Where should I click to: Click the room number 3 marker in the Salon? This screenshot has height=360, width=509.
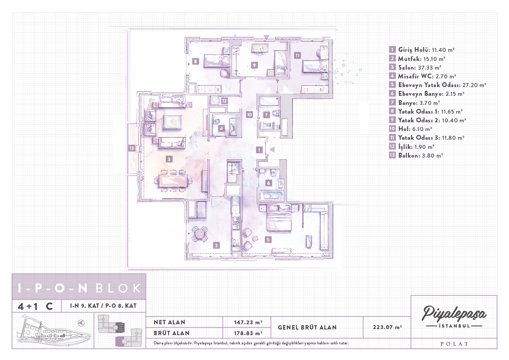tap(169, 159)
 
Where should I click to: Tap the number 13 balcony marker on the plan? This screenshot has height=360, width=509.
tap(131, 148)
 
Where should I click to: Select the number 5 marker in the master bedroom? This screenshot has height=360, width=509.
tap(268, 239)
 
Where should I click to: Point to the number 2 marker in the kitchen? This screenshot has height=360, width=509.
tap(216, 246)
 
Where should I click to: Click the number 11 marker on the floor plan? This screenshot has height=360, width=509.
tap(297, 55)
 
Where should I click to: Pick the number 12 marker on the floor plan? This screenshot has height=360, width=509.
tap(224, 101)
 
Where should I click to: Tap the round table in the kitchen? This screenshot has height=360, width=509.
tap(199, 233)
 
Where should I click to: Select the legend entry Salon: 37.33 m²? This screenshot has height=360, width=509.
tap(420, 67)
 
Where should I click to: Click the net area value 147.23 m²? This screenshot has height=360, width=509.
tap(248, 322)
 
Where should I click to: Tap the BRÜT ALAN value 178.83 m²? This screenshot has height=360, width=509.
tap(248, 333)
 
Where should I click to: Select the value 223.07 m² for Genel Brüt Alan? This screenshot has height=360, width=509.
tap(387, 327)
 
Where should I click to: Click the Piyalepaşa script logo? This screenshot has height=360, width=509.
tap(454, 313)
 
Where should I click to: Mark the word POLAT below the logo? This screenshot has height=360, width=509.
tap(454, 344)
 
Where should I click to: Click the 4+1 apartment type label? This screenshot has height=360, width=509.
tap(28, 306)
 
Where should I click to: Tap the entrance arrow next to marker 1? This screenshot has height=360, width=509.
tap(272, 150)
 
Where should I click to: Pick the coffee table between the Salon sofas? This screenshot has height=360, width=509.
tap(172, 122)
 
